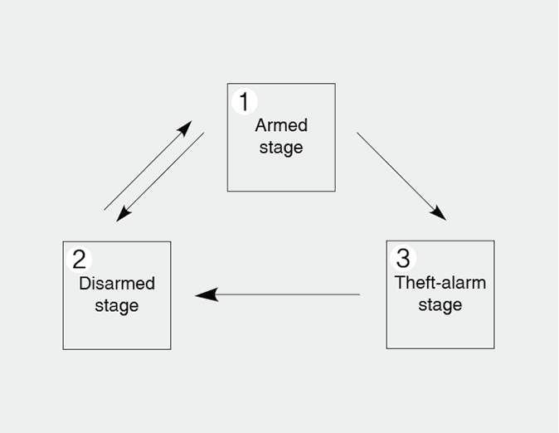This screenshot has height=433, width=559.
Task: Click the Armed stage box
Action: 281,138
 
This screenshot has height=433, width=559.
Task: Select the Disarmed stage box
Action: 117,295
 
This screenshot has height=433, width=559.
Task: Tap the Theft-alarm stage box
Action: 440,294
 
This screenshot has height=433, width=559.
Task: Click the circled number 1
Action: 244,102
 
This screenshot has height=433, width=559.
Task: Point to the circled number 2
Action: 79,260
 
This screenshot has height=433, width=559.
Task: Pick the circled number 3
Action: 402,258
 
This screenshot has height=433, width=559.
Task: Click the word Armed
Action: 281,125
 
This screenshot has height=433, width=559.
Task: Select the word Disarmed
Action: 117,284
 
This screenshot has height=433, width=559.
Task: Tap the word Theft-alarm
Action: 440,282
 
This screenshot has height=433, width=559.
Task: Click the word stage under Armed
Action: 281,148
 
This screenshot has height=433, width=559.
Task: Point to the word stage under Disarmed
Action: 117,306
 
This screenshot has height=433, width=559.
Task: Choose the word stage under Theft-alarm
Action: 440,305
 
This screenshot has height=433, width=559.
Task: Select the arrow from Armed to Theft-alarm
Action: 401,176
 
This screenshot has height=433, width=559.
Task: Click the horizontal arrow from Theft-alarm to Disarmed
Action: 278,294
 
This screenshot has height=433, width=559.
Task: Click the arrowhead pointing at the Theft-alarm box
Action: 439,213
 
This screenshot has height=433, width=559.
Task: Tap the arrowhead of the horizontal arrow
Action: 205,294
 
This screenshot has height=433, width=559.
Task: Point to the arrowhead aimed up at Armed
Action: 184,129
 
